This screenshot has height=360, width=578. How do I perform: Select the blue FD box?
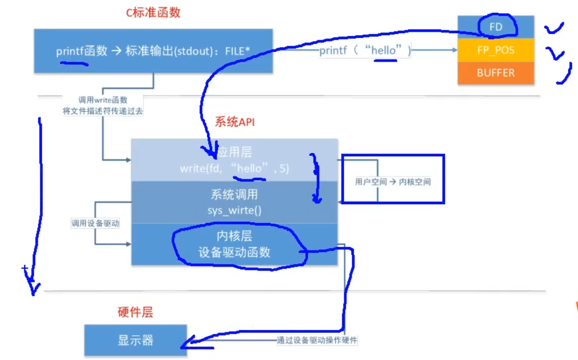496,27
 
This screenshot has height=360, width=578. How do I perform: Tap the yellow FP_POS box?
496,51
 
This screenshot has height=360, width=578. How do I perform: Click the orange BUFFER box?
496,73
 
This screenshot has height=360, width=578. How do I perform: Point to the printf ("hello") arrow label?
365,51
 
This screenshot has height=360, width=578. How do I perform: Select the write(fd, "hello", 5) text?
234,169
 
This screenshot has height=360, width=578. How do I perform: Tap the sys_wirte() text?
234,210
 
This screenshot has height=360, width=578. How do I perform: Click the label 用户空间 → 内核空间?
393,182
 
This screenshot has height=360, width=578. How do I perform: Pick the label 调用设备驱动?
95,223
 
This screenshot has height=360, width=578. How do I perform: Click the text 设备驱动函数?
234,252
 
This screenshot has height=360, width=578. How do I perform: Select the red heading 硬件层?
135,312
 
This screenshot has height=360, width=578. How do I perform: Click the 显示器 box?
135,340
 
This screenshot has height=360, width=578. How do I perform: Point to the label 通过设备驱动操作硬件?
317,340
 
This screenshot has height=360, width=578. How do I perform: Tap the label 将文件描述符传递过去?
103,111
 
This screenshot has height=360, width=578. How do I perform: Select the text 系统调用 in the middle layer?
234,195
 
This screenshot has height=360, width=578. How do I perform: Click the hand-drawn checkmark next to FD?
554,28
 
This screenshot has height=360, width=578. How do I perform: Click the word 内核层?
234,236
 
